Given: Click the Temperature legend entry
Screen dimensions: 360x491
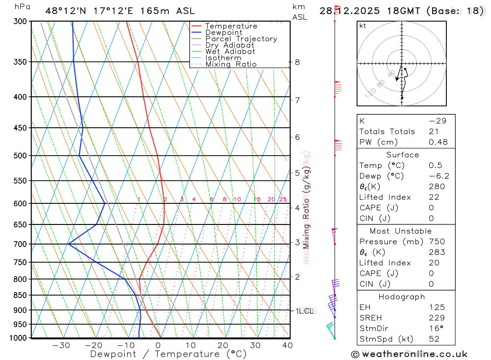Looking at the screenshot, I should coord(231,26).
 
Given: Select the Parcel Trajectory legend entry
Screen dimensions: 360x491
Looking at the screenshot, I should coord(241,39).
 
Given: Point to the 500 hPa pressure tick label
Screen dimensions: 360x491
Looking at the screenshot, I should coord(20,156).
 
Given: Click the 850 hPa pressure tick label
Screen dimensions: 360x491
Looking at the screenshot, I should coord(20,295).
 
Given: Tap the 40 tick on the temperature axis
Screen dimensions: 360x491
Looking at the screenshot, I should coord(288,345).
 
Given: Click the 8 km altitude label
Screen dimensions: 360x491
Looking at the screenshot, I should coord(297,62).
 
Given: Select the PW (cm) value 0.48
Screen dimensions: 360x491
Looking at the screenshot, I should coord(438,142).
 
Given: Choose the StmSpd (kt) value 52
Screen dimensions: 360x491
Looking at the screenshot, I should coord(434,339).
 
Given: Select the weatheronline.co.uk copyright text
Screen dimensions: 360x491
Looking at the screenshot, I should coord(409,354).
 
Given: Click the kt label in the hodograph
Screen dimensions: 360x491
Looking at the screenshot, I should coord(363,26).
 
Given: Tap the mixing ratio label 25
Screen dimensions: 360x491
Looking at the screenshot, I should coord(283,199).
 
